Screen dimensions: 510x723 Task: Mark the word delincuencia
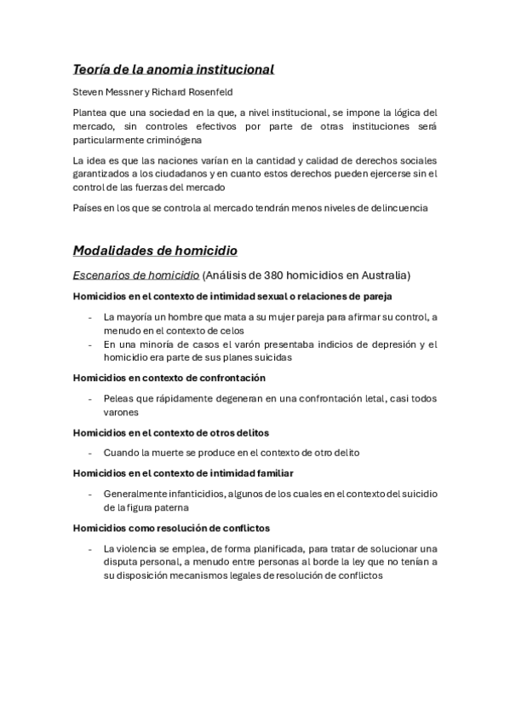[x=393, y=208]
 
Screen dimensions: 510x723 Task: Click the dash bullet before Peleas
[x=90, y=398]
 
